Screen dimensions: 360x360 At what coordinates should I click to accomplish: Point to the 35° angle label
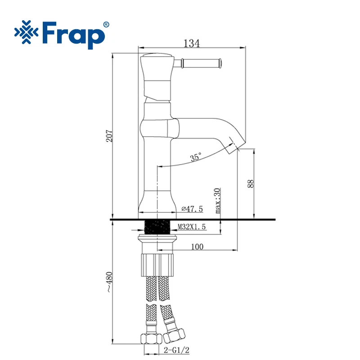[x=196, y=157]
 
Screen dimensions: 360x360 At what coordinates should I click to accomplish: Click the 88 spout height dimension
[x=251, y=183]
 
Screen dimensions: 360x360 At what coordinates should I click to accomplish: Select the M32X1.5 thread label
[x=191, y=227]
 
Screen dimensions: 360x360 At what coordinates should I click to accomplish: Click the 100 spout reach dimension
[x=197, y=246]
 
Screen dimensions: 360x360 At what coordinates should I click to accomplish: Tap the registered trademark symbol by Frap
[x=106, y=24]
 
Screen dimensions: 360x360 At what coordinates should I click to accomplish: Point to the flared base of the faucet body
[x=157, y=202]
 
